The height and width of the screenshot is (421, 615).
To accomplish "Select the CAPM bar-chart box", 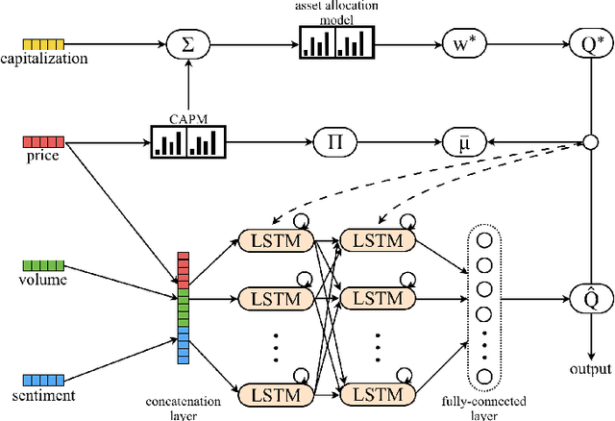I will tap(186, 142).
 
